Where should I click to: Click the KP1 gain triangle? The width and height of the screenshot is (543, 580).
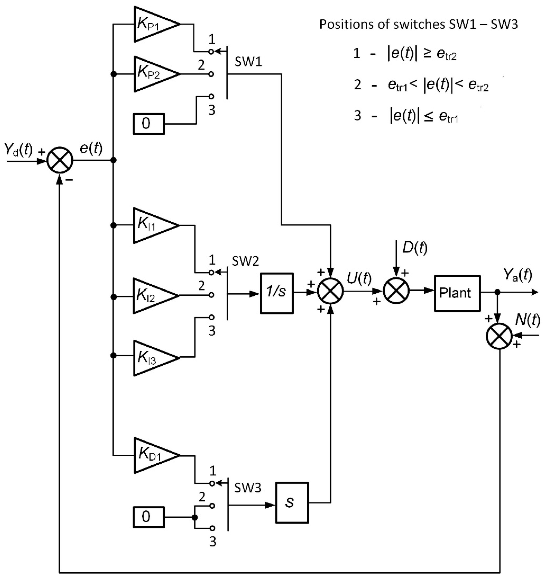153,24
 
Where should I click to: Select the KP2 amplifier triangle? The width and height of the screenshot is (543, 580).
153,74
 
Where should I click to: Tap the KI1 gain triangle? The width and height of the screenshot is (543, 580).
152,225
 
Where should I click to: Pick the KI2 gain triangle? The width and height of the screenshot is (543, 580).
152,296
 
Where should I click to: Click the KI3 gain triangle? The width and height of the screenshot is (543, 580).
152,358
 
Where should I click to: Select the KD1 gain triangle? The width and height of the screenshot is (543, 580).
153,455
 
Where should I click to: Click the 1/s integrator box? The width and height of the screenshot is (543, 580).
276,293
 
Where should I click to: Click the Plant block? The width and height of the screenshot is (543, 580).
457,293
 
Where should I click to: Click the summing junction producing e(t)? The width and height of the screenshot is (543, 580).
60,161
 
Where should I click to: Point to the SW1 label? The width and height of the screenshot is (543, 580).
248,62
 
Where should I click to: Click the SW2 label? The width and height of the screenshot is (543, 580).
245,261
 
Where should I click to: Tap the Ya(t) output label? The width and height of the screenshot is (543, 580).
517,275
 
